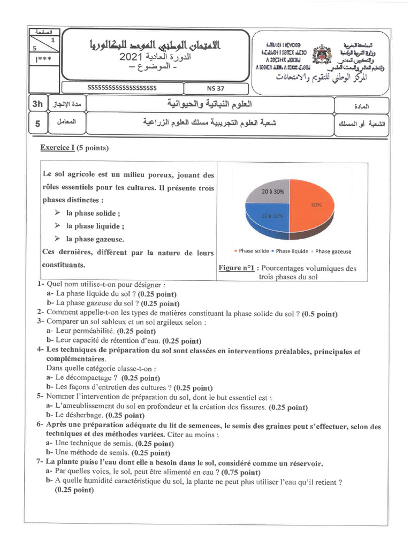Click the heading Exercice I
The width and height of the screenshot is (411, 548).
point(57,148)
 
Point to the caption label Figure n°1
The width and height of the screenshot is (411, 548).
point(235,269)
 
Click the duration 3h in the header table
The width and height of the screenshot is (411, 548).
point(37,104)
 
